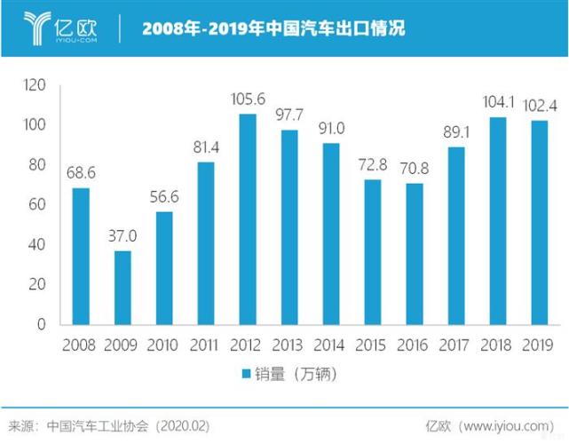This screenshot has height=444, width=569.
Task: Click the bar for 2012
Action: pos(248,219)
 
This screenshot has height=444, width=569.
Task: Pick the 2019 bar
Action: pos(540,223)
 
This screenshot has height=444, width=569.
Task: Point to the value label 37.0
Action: pos(122,237)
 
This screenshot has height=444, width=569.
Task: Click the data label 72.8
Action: pos(373,166)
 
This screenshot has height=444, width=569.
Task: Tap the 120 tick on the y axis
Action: pos(36,85)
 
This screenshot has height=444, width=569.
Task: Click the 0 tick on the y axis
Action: pos(42,325)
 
